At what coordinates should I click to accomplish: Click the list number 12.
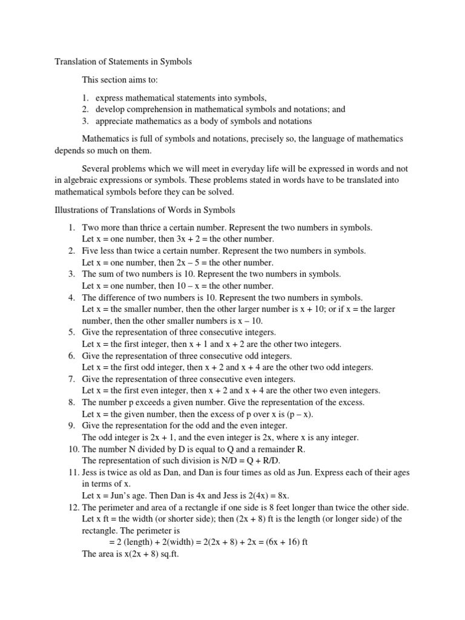tap(73, 507)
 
